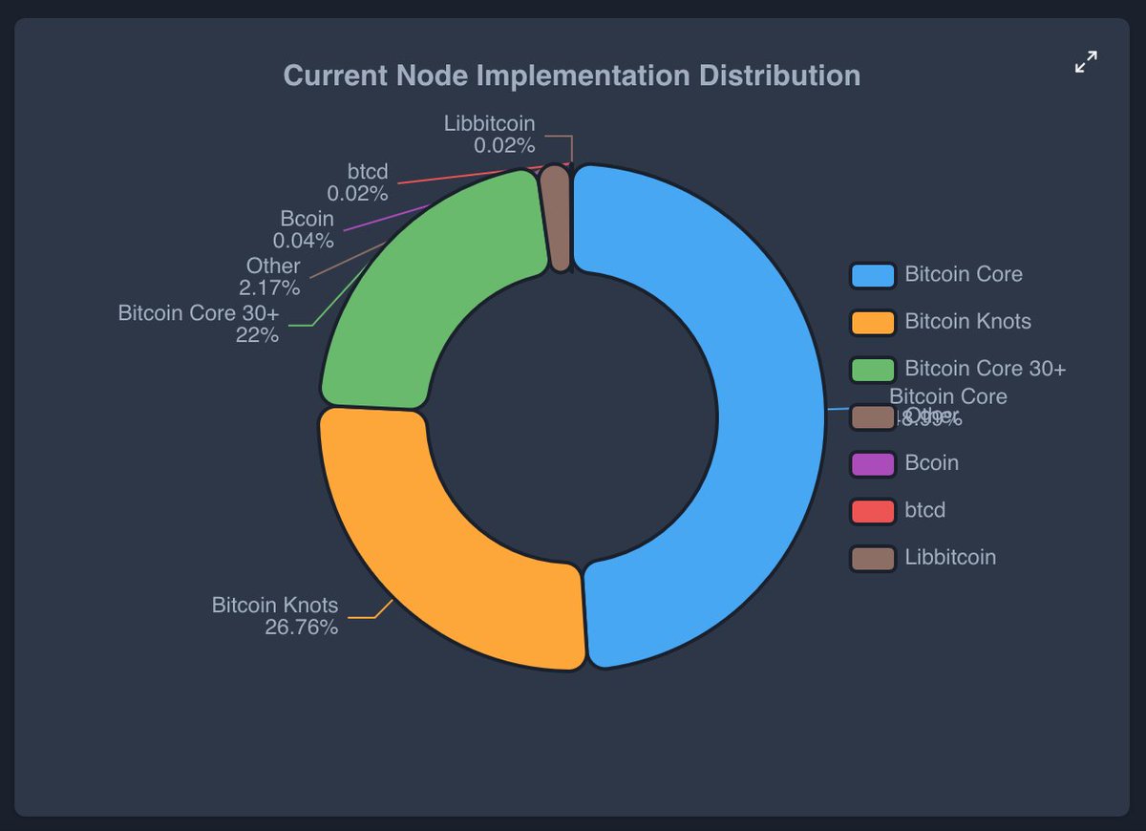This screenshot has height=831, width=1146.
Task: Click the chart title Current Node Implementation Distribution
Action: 572,75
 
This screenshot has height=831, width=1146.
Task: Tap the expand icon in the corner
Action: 1086,63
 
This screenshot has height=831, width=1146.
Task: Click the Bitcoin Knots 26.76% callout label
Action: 275,616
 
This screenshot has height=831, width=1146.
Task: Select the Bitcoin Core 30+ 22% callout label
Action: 200,324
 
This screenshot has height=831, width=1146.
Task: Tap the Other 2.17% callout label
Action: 270,276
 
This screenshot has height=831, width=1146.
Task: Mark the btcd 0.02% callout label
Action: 357,182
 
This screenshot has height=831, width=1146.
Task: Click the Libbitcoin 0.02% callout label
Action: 489,134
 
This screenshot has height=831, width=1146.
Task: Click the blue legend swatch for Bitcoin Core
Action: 872,275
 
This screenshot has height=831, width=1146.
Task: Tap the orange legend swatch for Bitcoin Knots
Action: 872,322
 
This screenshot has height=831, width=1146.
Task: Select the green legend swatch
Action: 872,369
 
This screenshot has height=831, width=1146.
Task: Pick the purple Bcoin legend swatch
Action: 872,463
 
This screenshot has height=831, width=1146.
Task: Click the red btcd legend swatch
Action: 872,510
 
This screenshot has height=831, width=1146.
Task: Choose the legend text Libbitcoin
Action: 950,557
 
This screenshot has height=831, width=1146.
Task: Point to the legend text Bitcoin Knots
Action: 967,322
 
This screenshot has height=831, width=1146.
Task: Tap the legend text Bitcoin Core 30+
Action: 985,369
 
